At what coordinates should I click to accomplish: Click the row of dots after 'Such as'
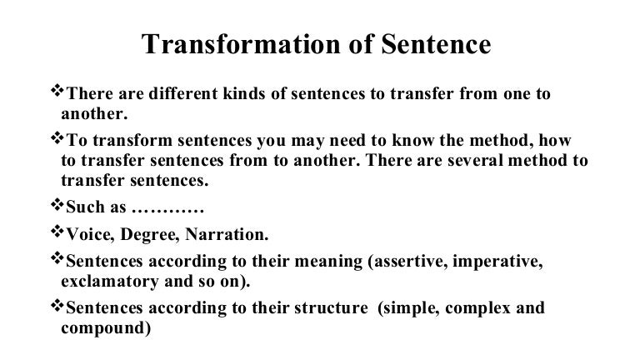pos(157,205)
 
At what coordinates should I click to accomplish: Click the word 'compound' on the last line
pos(102,328)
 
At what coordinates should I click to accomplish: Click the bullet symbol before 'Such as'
pos(57,203)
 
